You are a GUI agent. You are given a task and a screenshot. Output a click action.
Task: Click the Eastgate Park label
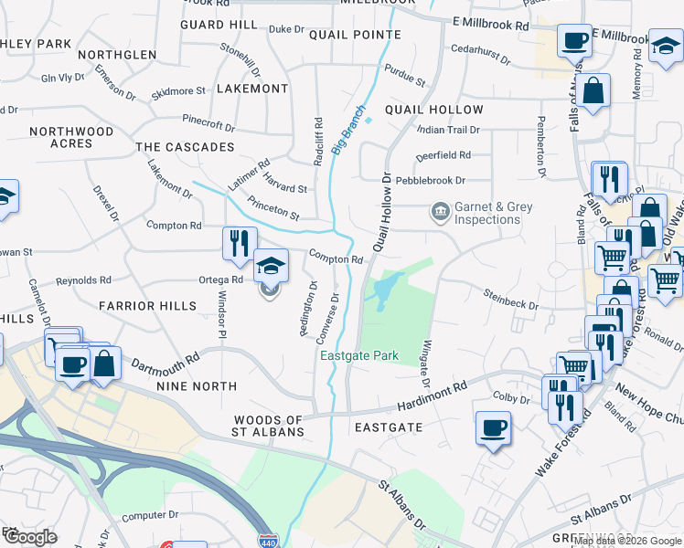[359, 355]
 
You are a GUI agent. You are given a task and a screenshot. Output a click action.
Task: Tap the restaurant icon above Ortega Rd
[236, 242]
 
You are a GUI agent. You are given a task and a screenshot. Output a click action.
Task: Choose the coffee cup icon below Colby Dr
[493, 428]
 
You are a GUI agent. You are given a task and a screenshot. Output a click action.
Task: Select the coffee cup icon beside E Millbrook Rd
[574, 41]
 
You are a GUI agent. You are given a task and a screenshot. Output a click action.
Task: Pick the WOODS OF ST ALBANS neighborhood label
[268, 425]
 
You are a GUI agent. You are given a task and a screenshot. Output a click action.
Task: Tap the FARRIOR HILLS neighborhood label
[147, 305]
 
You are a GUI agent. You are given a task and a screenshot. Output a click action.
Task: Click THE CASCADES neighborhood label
[185, 147]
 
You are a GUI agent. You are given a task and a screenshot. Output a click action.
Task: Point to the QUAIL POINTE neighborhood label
[355, 35]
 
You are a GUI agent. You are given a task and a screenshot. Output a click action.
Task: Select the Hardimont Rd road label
[432, 397]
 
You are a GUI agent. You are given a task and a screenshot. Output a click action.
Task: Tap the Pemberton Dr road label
[541, 146]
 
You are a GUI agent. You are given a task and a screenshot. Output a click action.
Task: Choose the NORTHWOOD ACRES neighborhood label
[71, 138]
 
